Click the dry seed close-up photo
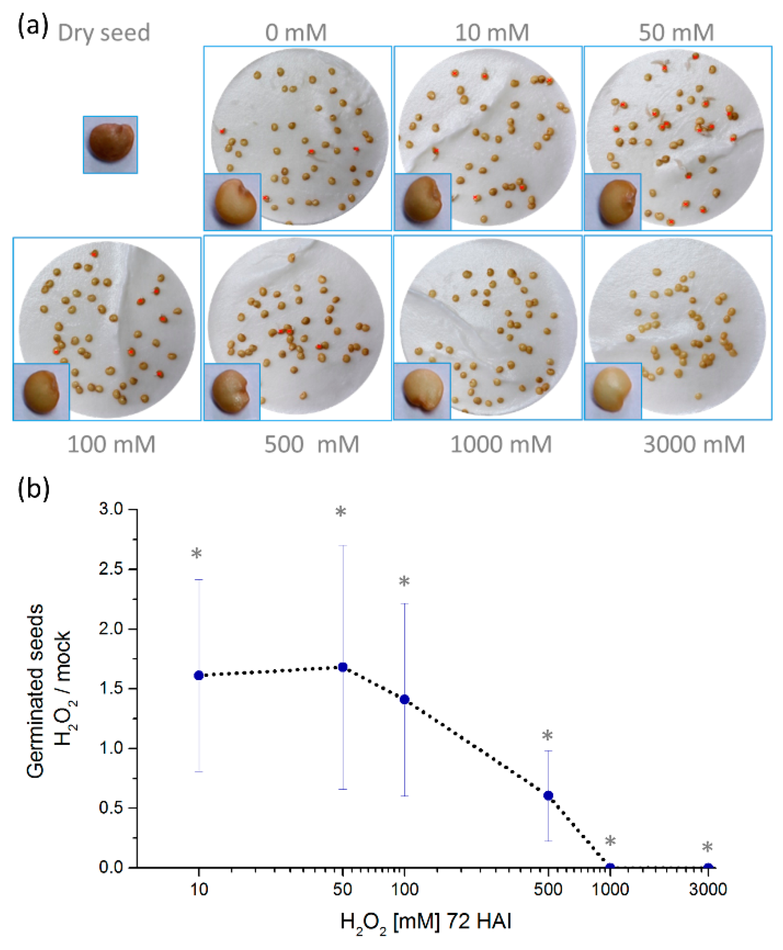[111, 144]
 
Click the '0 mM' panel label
[296, 33]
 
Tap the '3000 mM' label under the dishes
[694, 444]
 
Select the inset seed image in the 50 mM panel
[613, 202]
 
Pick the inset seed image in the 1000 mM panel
[422, 391]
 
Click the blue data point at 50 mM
[343, 667]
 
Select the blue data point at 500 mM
[548, 795]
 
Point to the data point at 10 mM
[199, 676]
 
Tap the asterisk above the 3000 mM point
[707, 848]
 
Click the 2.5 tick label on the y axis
[111, 569]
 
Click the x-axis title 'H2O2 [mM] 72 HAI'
[426, 921]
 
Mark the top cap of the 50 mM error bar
[343, 546]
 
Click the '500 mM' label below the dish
[311, 444]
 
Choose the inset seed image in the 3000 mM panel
[613, 391]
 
